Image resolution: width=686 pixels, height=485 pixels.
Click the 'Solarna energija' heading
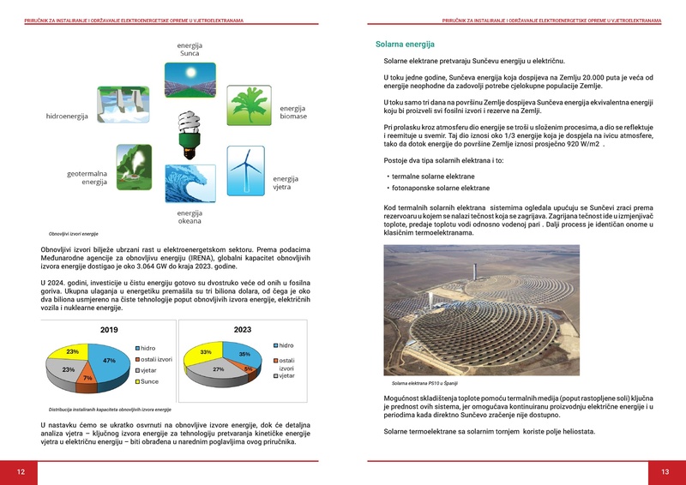click(x=405, y=44)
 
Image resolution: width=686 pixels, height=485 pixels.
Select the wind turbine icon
click(x=246, y=170)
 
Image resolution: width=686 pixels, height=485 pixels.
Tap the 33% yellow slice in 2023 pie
click(x=207, y=352)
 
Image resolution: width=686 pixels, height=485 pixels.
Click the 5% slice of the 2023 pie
click(x=247, y=369)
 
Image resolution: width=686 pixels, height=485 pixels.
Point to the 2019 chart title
click(x=109, y=330)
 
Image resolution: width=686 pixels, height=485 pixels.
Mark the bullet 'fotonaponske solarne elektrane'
click(x=440, y=188)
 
